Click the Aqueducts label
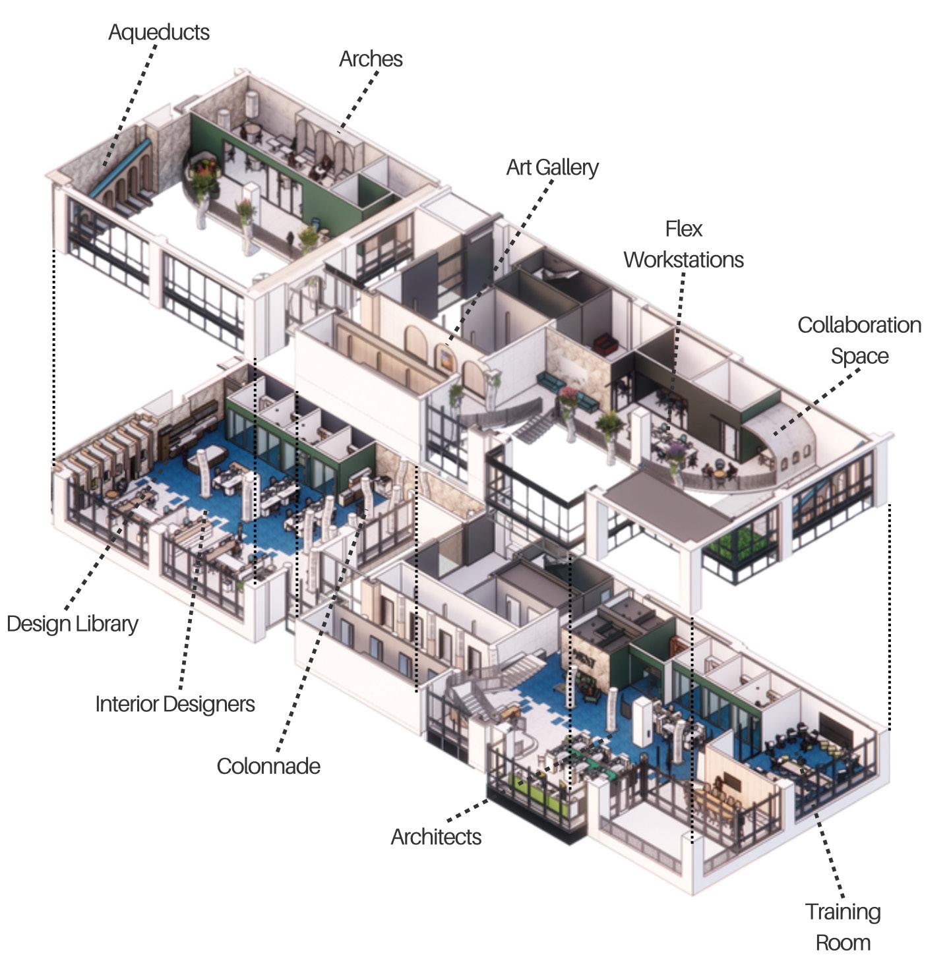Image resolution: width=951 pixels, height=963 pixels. click(x=158, y=32)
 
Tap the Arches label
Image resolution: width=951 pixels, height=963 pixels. click(x=371, y=59)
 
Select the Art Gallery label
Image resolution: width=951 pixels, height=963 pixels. click(x=552, y=167)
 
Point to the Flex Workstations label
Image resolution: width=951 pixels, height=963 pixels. click(x=683, y=245)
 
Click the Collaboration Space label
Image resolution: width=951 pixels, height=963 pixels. click(x=859, y=340)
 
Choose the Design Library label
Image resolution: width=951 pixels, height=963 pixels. click(x=73, y=624)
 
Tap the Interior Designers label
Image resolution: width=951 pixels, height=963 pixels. click(x=175, y=704)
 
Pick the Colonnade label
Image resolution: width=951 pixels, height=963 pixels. click(x=268, y=766)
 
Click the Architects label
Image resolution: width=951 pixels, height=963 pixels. click(x=436, y=836)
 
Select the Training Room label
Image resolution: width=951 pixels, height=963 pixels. click(x=842, y=927)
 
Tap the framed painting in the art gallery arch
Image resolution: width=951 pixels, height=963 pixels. click(x=446, y=360)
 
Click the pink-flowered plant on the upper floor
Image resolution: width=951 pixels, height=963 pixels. click(x=568, y=396)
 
